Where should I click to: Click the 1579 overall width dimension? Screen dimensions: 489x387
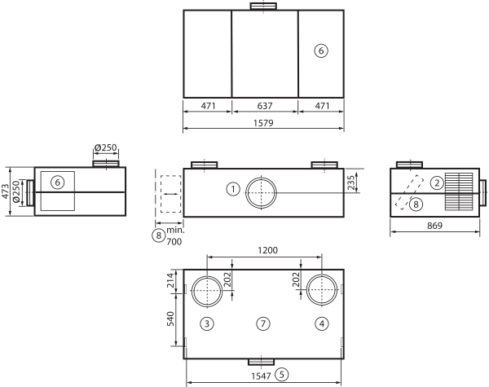pos(263,123)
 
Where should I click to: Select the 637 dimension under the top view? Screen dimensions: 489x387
pos(265,106)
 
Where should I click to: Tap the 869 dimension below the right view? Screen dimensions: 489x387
pos(434,226)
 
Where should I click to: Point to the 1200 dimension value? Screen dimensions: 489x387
pos(267,250)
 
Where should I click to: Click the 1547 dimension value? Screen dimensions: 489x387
pos(261,376)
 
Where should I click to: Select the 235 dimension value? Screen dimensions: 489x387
pos(350,183)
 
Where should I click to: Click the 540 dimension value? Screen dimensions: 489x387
pos(170,319)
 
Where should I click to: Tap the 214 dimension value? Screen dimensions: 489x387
pos(170,280)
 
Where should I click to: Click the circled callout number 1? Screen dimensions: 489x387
pos(233,189)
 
